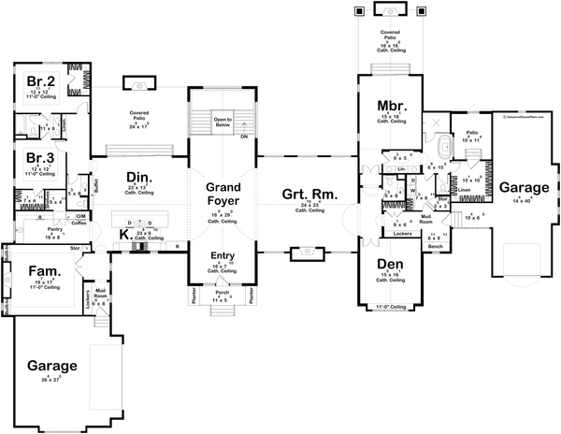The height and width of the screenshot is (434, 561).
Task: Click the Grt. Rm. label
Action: tap(305, 195)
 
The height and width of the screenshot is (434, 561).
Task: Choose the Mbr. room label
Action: tap(390, 104)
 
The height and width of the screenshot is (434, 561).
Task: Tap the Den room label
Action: tap(388, 265)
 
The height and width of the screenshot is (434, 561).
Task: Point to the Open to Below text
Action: tap(221, 121)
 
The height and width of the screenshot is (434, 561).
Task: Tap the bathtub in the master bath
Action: tap(444, 149)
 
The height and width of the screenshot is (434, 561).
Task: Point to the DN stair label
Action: tap(244, 137)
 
